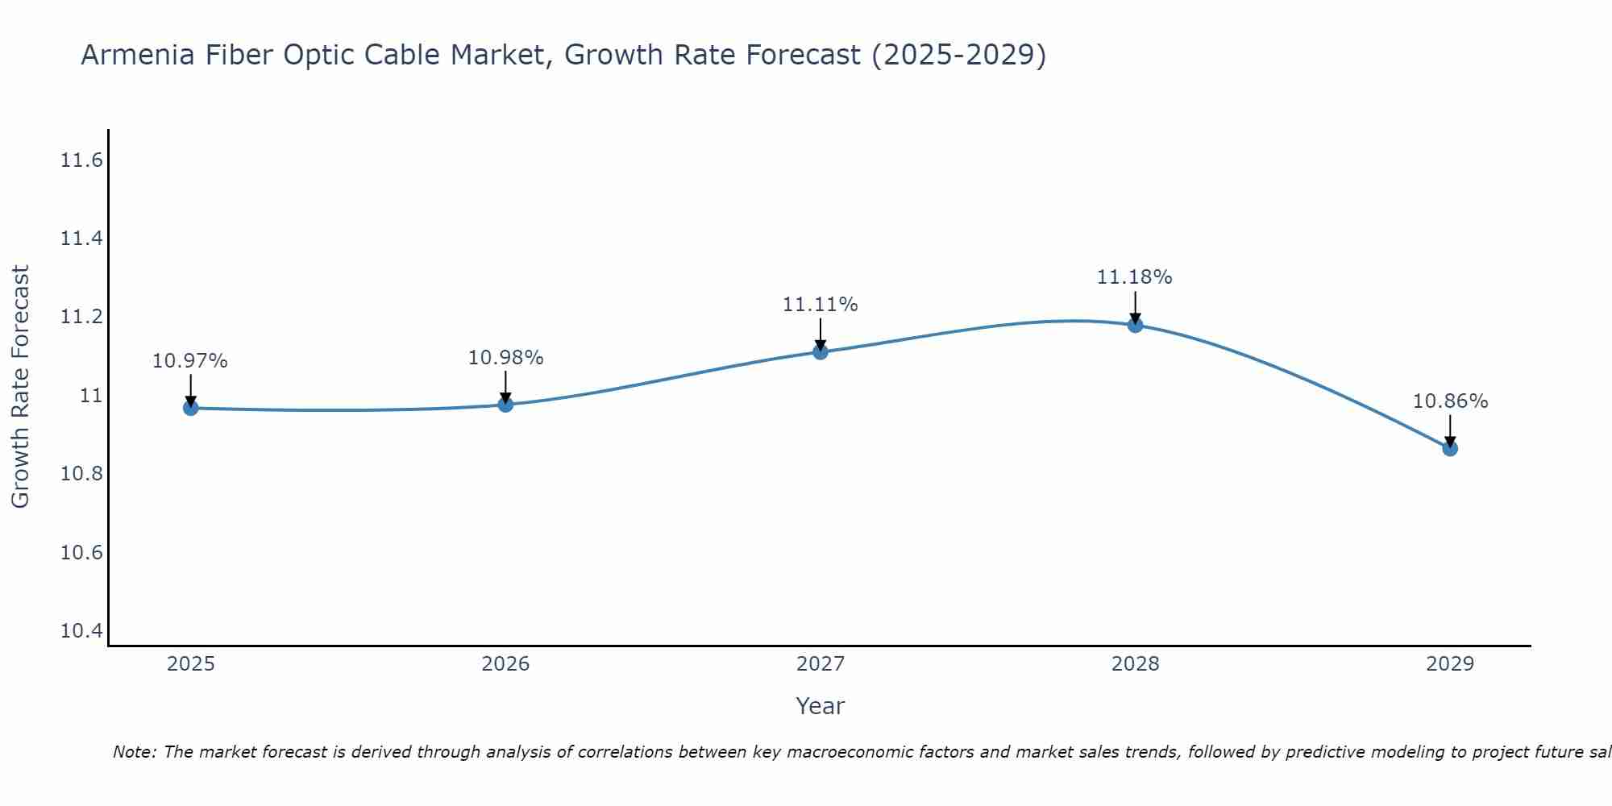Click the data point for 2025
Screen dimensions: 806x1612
(x=190, y=408)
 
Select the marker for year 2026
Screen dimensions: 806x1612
(x=505, y=404)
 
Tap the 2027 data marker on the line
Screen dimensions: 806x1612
(x=821, y=351)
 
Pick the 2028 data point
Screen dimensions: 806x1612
(x=1135, y=325)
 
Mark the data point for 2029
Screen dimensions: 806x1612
(x=1450, y=448)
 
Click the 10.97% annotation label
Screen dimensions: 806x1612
(x=190, y=361)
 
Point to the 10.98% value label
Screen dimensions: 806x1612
(x=505, y=358)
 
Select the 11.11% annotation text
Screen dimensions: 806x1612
(x=821, y=305)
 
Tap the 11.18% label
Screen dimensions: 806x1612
(x=1135, y=277)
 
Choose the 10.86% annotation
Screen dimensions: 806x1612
(x=1450, y=401)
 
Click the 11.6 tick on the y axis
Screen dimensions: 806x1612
(x=82, y=160)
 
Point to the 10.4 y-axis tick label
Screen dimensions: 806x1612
(x=82, y=631)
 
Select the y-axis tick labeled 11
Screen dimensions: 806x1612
(x=91, y=396)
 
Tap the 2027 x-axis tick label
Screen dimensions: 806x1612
(x=821, y=664)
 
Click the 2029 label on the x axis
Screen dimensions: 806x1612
(x=1450, y=664)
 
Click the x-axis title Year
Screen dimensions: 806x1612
(x=821, y=706)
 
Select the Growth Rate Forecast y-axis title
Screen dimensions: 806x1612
(x=20, y=387)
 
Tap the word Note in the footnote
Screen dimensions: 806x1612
(x=134, y=752)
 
